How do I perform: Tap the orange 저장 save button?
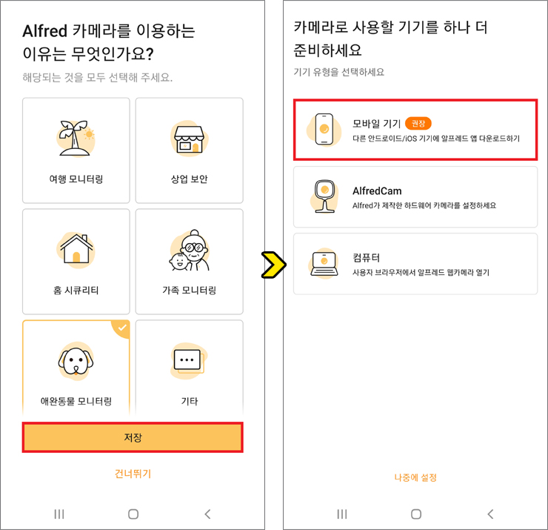(x=133, y=437)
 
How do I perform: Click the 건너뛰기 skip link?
(x=133, y=474)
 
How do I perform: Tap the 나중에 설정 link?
(x=415, y=477)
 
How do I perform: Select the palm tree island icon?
(x=76, y=139)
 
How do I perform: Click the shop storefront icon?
(x=189, y=139)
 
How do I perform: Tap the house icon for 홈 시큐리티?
(x=76, y=249)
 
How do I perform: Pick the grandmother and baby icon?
(x=190, y=251)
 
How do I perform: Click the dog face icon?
(x=76, y=361)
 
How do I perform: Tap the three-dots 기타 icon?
(x=187, y=360)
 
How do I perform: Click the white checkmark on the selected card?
(x=122, y=328)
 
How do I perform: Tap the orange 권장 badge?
(x=418, y=123)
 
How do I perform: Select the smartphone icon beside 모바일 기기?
(x=324, y=129)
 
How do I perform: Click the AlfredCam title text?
(x=377, y=191)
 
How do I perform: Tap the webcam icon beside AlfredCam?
(x=324, y=196)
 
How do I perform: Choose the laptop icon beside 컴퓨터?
(x=324, y=264)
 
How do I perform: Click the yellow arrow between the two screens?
(x=274, y=265)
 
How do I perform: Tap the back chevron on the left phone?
(x=207, y=514)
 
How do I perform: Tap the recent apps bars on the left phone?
(x=59, y=514)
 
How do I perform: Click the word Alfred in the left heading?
(x=44, y=31)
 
